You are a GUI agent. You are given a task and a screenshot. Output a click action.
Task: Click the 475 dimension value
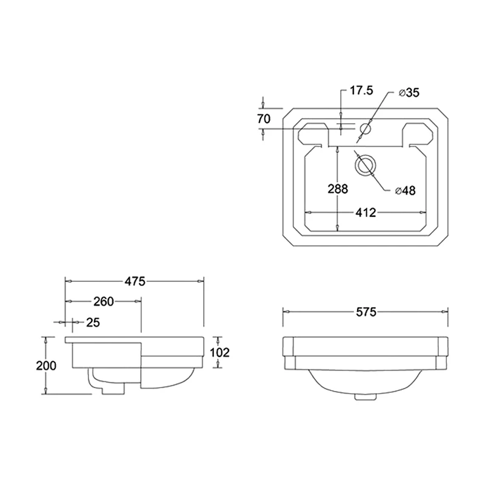click(135, 281)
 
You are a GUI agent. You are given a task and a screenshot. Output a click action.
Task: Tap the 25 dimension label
click(92, 322)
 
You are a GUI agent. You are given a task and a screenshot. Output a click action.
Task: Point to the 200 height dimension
click(46, 366)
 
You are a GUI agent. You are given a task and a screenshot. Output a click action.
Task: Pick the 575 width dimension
click(366, 312)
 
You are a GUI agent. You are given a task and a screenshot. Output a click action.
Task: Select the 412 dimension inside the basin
click(366, 212)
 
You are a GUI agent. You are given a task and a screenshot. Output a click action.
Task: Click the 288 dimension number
click(338, 189)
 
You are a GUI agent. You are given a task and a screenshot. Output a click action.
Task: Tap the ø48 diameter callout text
click(405, 190)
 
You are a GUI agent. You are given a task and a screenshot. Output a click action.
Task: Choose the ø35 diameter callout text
click(409, 92)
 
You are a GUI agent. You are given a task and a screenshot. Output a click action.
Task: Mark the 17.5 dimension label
click(361, 90)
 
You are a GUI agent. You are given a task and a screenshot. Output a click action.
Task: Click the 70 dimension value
click(263, 119)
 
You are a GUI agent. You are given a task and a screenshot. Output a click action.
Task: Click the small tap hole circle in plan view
click(366, 129)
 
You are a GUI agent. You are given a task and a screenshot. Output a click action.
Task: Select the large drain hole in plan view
click(366, 164)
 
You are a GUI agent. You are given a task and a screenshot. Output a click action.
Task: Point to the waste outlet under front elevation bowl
click(365, 397)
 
